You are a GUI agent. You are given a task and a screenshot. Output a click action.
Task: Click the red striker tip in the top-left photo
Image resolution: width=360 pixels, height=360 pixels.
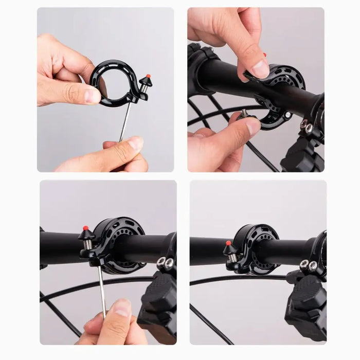pyautogui.click(x=148, y=77)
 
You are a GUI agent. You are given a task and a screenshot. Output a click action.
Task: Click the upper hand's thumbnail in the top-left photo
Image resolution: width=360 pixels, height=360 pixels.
pyautogui.click(x=93, y=95)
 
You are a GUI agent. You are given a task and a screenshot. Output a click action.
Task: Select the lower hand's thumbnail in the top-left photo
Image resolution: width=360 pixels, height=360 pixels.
pyautogui.click(x=135, y=142)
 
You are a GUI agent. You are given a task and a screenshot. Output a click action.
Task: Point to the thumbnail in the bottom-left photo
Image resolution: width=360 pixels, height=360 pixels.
pyautogui.click(x=122, y=308)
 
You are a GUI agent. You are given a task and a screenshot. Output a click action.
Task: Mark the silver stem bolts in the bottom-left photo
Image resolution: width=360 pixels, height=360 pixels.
pyautogui.click(x=165, y=263)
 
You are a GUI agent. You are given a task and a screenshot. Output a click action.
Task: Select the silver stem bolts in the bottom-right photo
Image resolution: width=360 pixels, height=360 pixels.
pyautogui.click(x=308, y=264)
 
